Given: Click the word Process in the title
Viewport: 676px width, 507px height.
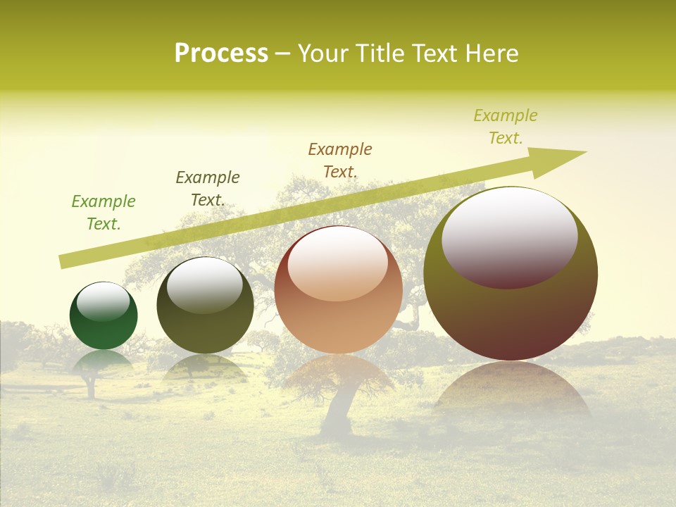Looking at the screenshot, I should point(221,54).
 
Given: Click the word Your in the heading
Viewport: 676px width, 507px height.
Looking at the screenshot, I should point(325,54).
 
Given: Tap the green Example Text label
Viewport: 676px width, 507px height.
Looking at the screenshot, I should point(104,213).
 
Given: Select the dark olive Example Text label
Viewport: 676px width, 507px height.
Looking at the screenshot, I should point(208,189).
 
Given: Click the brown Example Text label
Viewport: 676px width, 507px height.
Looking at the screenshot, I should point(340,161).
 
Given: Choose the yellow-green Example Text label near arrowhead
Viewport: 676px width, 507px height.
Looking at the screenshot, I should point(506,127).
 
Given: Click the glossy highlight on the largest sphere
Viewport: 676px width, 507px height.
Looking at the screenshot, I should point(509,236).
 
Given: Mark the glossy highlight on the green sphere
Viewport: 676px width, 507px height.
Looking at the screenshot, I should point(103,301).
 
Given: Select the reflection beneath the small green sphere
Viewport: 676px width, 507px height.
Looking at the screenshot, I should point(104,363).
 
